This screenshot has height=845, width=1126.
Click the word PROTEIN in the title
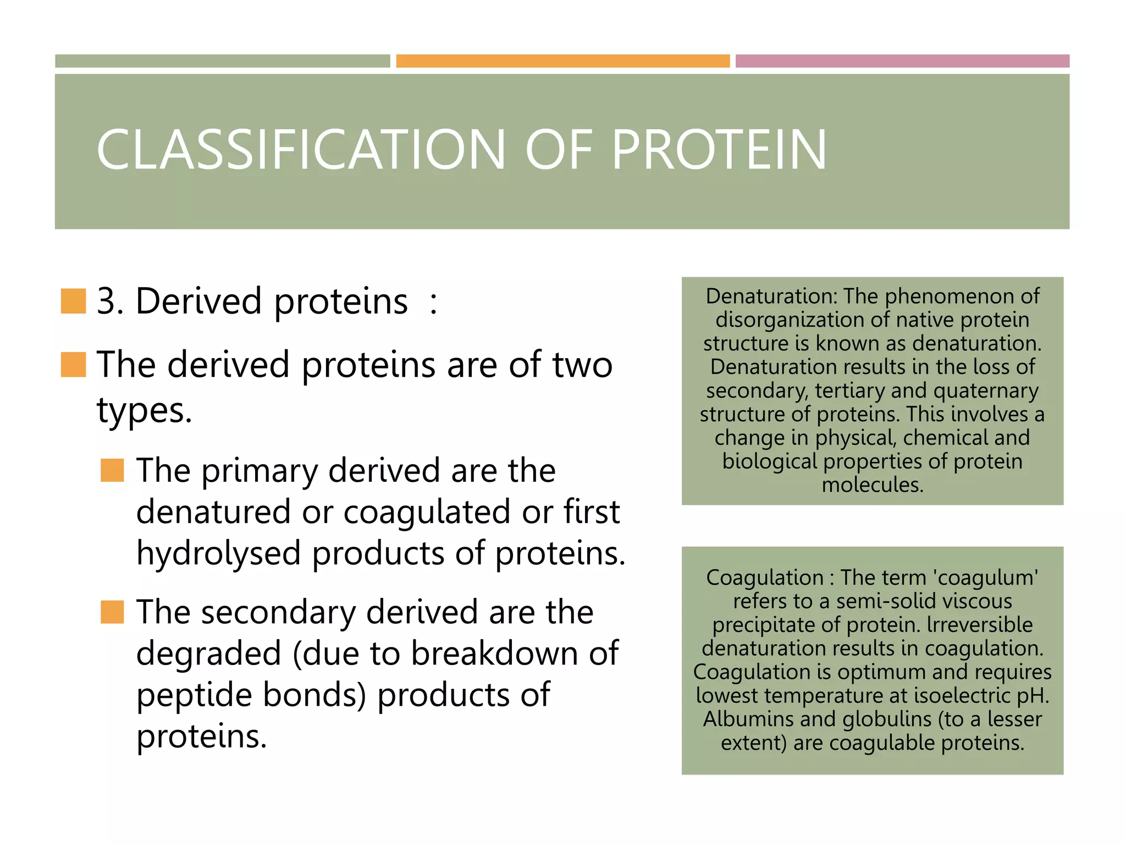(719, 150)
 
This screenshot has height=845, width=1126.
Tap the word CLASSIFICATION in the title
(300, 150)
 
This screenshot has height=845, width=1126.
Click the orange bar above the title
(562, 61)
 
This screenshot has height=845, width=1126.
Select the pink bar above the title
(902, 61)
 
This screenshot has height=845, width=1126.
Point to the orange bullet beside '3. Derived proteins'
(73, 301)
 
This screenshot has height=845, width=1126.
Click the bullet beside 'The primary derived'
(112, 470)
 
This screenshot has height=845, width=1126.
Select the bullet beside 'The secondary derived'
(112, 612)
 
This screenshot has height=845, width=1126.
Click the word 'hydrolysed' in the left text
(218, 553)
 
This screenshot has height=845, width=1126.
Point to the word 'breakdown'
(494, 654)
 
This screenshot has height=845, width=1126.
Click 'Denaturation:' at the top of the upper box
(771, 297)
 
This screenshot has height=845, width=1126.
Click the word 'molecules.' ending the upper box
(873, 485)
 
